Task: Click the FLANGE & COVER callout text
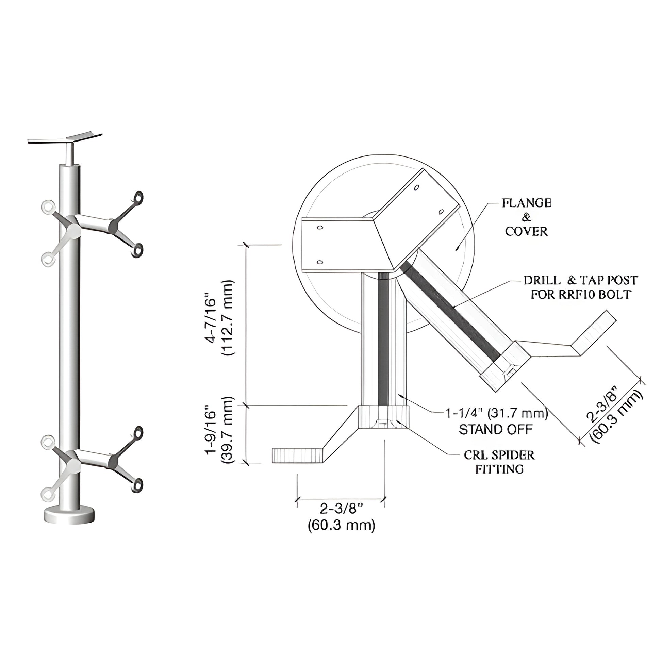pos(526,217)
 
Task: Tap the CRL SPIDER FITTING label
pos(499,462)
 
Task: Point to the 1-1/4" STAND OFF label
pos(496,421)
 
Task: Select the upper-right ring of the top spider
pos(138,197)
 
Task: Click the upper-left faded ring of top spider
pos(47,206)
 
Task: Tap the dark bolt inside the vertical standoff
pos(383,339)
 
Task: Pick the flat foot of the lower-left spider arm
pos(297,455)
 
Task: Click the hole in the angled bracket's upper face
pos(416,187)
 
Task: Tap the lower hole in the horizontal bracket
pos(320,262)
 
